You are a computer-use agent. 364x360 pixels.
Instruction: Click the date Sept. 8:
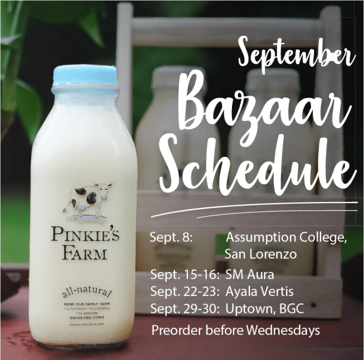point(171,238)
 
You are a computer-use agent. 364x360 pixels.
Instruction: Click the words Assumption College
point(287,238)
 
